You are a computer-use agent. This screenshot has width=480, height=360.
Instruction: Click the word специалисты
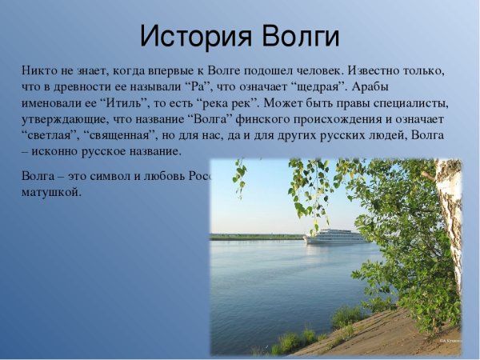pos(408,103)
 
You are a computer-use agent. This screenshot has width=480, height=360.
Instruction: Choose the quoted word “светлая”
pos(49,135)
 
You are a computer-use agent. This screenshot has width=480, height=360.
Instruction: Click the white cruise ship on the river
pos(334,236)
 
